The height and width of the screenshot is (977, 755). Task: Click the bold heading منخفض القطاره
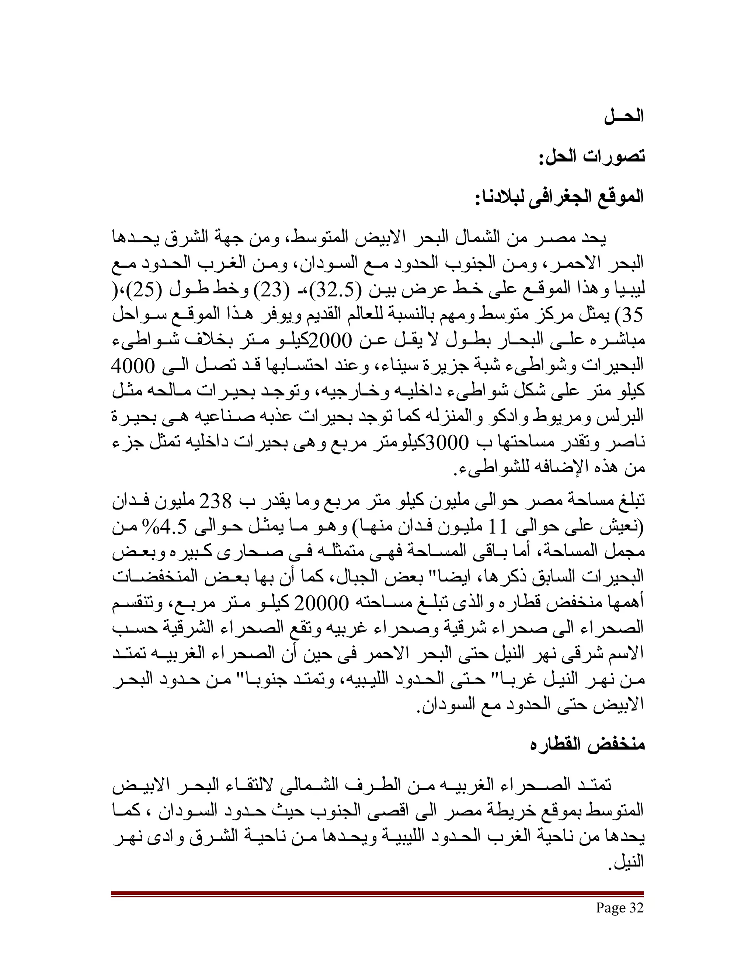tap(587, 745)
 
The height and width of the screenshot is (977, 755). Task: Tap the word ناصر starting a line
tap(629, 443)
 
